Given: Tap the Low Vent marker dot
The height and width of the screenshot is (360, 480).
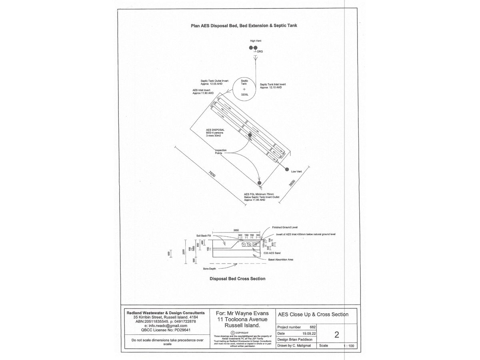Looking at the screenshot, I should pyautogui.click(x=287, y=169).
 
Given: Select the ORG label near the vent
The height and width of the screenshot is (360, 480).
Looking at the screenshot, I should pyautogui.click(x=260, y=52).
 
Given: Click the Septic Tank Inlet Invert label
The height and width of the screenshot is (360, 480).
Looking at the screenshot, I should pyautogui.click(x=276, y=86).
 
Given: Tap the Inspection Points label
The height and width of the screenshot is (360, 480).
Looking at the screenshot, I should pyautogui.click(x=221, y=152).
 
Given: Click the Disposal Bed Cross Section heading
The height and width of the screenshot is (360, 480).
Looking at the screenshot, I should pyautogui.click(x=237, y=279).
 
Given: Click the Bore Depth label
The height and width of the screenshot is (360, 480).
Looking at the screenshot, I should pyautogui.click(x=209, y=268).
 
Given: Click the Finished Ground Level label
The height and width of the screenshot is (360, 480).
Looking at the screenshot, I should pyautogui.click(x=285, y=227).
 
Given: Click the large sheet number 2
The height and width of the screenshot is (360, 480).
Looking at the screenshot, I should pyautogui.click(x=336, y=334).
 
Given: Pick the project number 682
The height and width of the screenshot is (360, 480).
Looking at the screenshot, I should pyautogui.click(x=313, y=327).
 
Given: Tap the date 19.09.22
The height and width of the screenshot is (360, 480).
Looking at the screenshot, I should pyautogui.click(x=308, y=333).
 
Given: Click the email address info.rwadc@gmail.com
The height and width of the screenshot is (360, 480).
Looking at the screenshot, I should pyautogui.click(x=165, y=326).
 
